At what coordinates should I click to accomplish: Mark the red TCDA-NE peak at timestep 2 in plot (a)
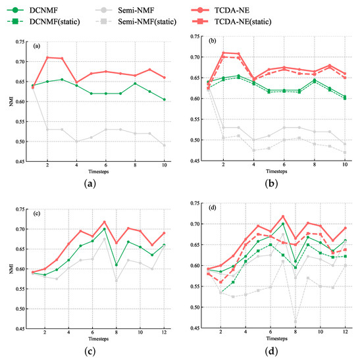coord(47,57)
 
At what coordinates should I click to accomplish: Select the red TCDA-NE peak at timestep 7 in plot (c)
coord(104,222)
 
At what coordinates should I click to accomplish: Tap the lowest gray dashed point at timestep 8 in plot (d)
coord(296,321)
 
